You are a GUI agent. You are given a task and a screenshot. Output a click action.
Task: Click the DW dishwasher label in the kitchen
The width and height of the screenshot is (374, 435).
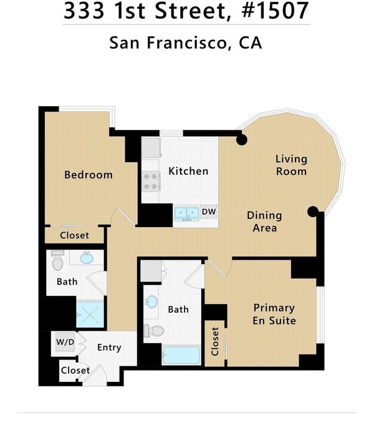coord(209,212)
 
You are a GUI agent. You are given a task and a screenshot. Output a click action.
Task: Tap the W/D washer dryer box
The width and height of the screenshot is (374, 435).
coord(65,342)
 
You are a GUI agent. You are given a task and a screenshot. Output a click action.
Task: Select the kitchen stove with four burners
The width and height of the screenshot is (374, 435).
coord(151,181)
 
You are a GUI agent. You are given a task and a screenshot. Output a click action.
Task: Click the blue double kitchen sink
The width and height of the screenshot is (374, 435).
coord(187,213)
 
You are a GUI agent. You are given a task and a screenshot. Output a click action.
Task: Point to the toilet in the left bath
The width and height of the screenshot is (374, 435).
coord(57,260)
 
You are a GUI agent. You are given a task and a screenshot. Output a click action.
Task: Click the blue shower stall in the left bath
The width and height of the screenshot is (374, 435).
coord(90,313)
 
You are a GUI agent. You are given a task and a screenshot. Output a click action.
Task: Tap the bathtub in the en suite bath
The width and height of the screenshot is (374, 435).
coord(181,355)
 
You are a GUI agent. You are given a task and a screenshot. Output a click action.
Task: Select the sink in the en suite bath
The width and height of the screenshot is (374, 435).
coord(151,302)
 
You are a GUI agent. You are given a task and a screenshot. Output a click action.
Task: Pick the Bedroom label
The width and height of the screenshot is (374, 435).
coord(89,175)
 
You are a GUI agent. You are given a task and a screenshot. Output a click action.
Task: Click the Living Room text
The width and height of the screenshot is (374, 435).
coord(292,165)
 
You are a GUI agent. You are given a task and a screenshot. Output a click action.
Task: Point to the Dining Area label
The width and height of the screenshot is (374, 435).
coord(264,222)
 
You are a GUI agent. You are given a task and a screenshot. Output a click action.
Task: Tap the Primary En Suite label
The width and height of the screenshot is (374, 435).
coord(274,315)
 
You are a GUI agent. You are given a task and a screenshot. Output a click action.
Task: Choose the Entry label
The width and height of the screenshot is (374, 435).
coord(109,348)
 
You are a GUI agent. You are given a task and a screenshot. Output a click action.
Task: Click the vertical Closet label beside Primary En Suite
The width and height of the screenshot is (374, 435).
coord(215,341)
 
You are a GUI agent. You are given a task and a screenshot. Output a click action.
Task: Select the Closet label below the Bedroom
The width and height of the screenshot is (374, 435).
coord(75,235)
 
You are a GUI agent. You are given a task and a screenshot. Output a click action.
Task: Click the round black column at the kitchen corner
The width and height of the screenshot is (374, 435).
coord(242,140)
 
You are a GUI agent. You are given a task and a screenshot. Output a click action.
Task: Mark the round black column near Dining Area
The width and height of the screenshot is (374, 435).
coord(313,212)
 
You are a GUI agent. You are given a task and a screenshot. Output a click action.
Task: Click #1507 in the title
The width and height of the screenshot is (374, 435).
coord(275,10)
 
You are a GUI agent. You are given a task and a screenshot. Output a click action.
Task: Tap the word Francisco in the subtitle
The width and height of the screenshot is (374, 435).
coord(186,42)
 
